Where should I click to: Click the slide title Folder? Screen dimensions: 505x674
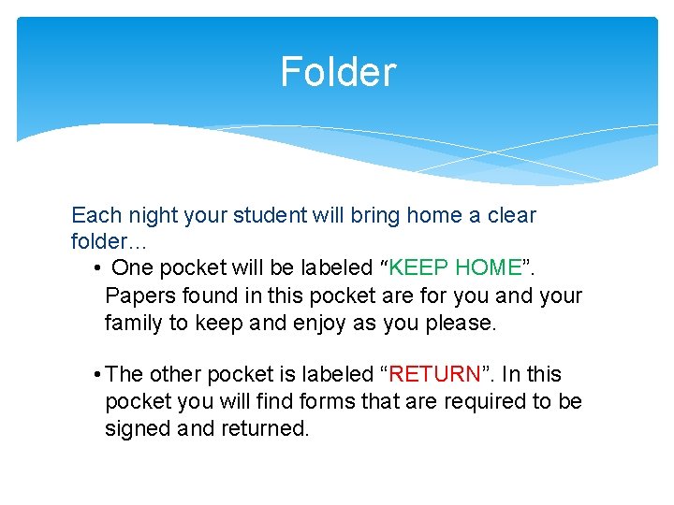[338, 72]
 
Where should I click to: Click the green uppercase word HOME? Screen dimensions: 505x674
[487, 268]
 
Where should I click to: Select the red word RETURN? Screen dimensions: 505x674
[434, 375]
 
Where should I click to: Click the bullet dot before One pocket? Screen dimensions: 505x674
[98, 269]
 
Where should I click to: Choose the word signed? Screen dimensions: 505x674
[137, 429]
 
